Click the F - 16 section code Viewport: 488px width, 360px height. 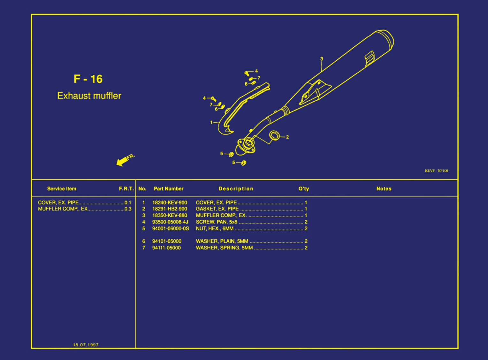click(88, 79)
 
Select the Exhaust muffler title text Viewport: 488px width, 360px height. click(89, 96)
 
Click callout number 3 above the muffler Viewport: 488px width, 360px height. click(322, 59)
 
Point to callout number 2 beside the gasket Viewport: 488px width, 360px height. click(287, 137)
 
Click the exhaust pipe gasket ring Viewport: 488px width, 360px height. click(274, 135)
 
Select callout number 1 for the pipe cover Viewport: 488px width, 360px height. click(211, 122)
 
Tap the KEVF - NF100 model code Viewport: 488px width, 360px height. click(436, 171)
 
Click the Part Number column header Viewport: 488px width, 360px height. click(169, 189)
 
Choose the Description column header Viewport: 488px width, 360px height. click(236, 189)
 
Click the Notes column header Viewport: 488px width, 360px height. click(384, 189)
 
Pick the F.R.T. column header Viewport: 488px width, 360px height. click(126, 189)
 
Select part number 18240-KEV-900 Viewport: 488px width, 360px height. click(170, 203)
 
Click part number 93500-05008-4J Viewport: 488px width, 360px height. click(170, 222)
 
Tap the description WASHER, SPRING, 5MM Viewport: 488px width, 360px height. click(224, 248)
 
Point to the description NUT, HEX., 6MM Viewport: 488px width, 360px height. click(215, 229)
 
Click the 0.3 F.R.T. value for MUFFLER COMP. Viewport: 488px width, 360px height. click(128, 209)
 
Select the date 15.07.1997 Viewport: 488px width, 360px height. click(86, 345)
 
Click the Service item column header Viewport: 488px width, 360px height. click(62, 189)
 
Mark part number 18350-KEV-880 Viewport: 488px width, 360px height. click(170, 216)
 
